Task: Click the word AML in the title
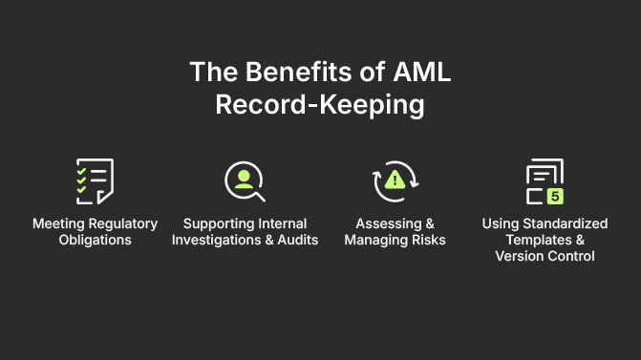coord(419,73)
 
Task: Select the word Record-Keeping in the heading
coord(320,104)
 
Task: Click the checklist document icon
coord(95,180)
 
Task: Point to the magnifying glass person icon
coord(245,180)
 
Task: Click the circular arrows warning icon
coord(395,180)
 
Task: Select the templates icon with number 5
coord(545,181)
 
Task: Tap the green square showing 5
coord(555,196)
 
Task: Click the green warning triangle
coord(395,180)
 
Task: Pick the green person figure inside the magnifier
coord(243,178)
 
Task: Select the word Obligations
coord(95,240)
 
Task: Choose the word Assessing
coord(383,223)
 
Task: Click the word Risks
coord(426,240)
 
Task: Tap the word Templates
coord(533,240)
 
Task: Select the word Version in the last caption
coord(520,256)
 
